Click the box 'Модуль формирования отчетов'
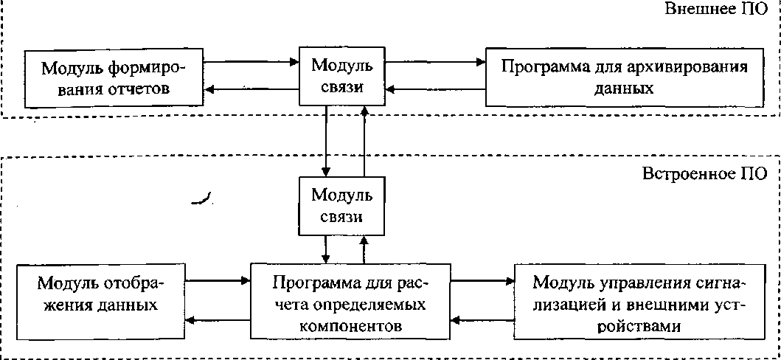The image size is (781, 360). click(x=114, y=77)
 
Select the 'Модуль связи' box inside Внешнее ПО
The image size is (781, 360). click(x=341, y=76)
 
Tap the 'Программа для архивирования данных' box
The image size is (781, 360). click(x=625, y=77)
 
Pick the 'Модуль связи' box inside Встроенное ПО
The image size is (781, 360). click(x=341, y=206)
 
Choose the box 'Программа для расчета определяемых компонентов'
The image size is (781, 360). click(x=350, y=301)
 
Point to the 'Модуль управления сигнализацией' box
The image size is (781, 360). click(x=639, y=302)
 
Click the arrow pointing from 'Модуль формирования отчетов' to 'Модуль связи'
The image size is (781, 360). click(x=251, y=62)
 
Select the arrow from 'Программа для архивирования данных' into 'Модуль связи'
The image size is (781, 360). click(x=436, y=89)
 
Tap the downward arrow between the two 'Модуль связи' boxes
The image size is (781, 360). click(x=326, y=141)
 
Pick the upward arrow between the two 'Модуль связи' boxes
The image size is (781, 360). click(x=365, y=141)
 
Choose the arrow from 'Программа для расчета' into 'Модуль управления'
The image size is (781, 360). click(x=482, y=281)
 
